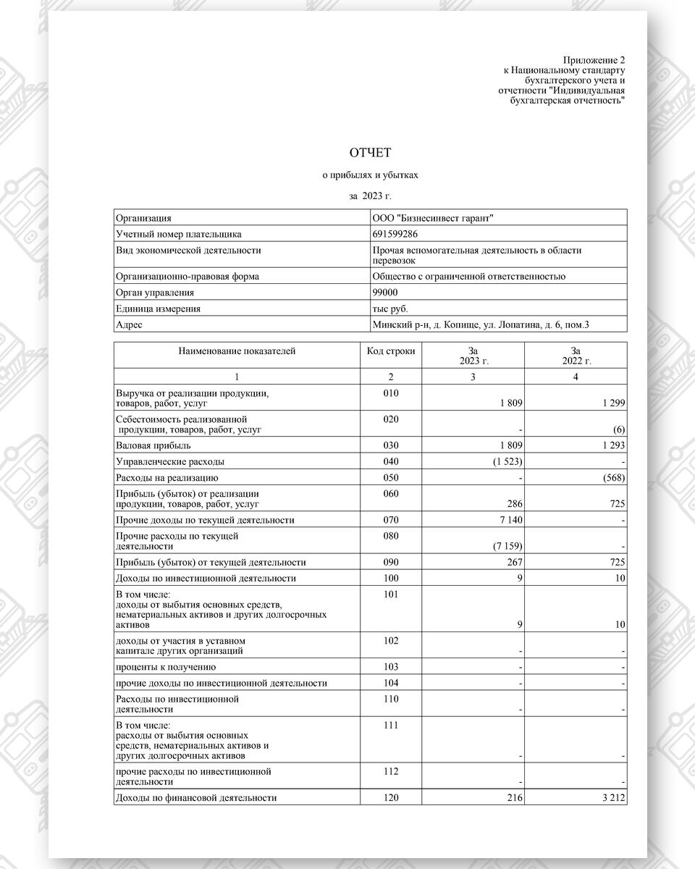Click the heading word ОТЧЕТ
point(370,152)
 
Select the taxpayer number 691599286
point(395,234)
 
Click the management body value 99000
point(384,293)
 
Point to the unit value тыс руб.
point(390,308)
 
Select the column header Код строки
point(391,351)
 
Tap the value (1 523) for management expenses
point(507,461)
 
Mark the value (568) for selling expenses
point(613,478)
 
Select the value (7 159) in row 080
point(507,545)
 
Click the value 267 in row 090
point(515,563)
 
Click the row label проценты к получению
point(165,666)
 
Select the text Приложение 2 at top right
point(593,59)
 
